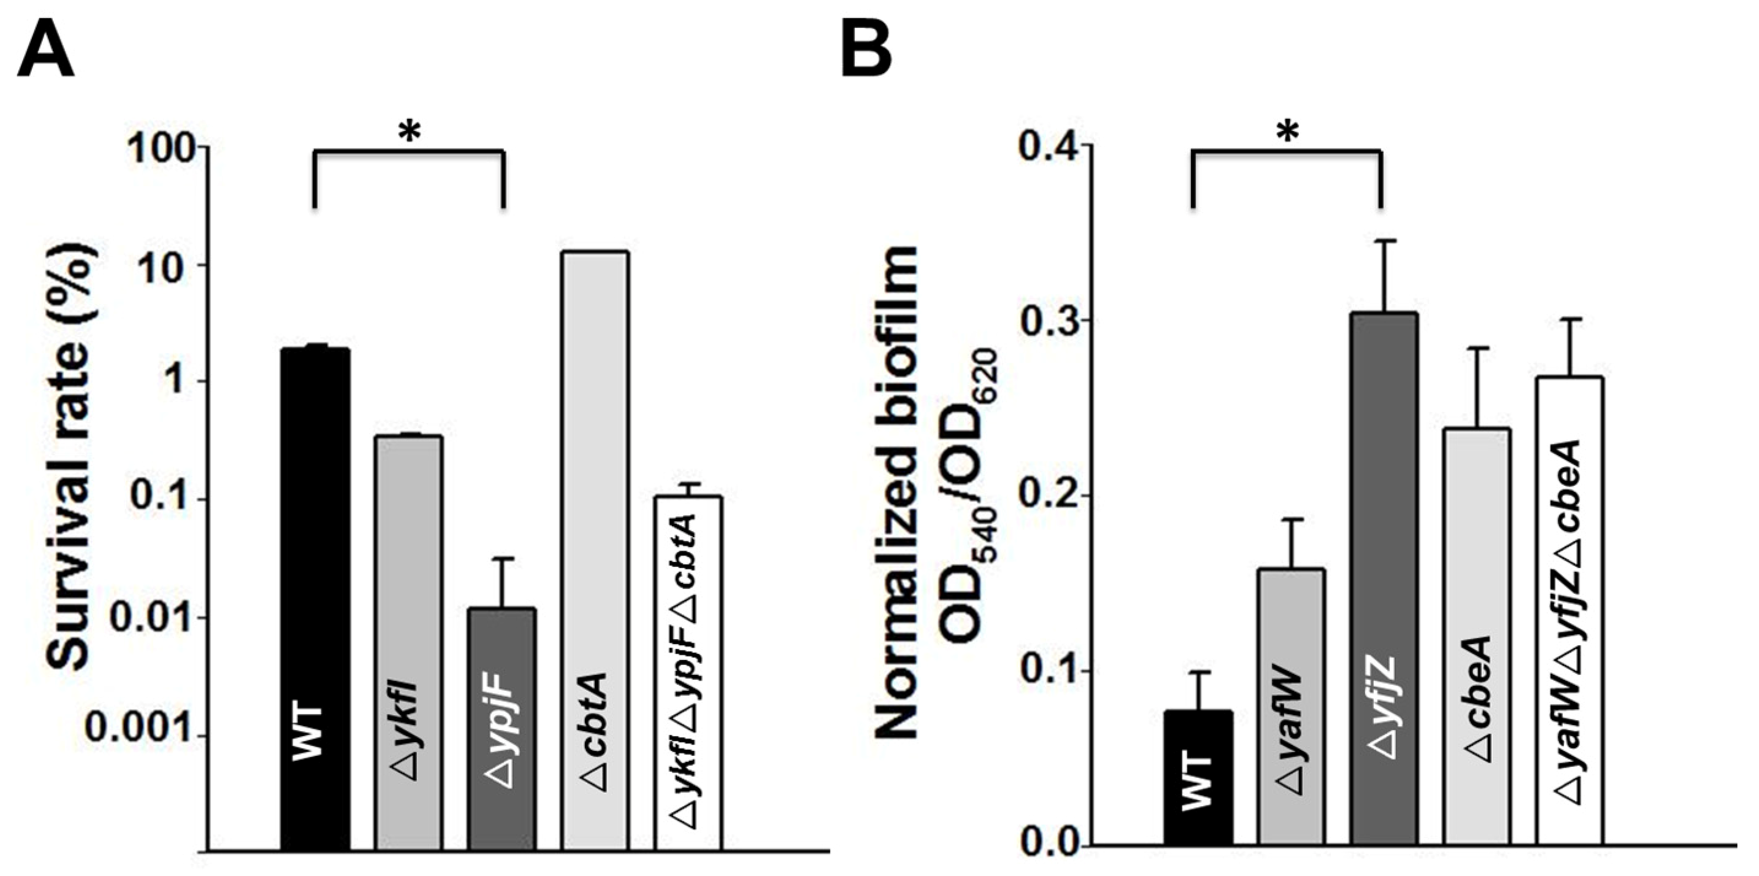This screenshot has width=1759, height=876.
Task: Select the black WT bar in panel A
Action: point(315,601)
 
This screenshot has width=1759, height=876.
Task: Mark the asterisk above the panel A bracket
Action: point(409,133)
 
